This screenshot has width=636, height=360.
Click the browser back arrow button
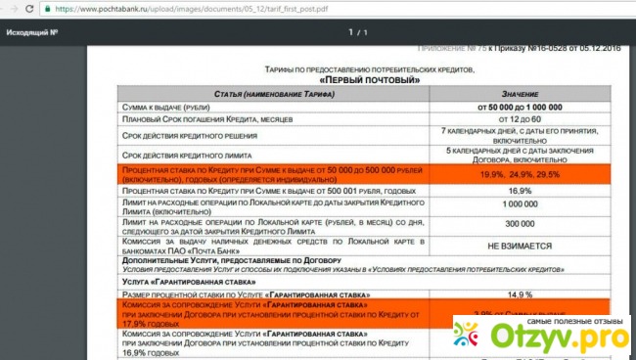pos(10,8)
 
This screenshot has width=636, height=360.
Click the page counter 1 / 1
pos(358,33)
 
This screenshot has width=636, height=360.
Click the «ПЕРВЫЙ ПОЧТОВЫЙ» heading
pos(361,80)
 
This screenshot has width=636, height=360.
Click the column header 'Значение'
pos(521,93)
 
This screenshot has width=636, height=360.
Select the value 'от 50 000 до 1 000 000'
pos(521,106)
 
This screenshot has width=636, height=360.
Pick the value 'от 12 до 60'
pos(521,118)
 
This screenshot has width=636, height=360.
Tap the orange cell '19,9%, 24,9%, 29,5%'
pos(521,174)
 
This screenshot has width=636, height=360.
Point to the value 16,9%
pos(521,191)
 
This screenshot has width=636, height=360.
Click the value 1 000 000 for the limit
pos(521,206)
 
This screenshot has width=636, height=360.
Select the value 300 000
pos(521,224)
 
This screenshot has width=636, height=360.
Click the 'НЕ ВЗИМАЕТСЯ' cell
pos(521,247)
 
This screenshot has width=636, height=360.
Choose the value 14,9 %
pos(521,293)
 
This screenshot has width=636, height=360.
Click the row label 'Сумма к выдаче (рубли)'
pos(167,106)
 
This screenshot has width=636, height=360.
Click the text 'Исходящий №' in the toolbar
pos(32,33)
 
